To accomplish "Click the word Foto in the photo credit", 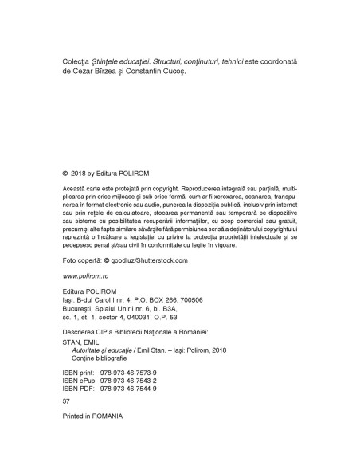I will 70,260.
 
